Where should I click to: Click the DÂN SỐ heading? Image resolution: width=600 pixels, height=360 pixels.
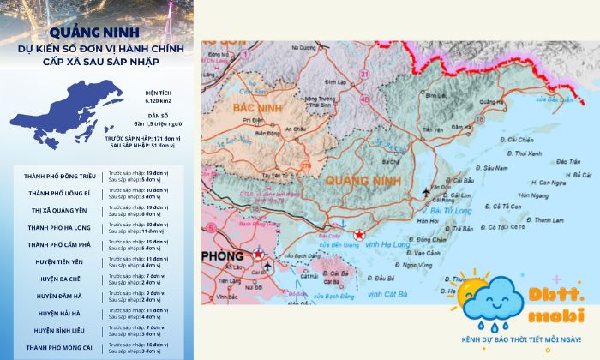[157, 115]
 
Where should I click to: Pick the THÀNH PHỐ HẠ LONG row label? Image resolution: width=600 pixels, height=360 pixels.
[60, 227]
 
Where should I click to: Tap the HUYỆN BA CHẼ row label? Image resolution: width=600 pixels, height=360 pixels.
[60, 279]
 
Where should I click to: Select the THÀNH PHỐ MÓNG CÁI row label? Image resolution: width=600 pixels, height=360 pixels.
[60, 347]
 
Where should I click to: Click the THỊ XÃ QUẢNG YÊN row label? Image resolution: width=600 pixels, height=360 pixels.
[60, 210]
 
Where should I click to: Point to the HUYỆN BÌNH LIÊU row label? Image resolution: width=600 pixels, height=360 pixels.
[60, 330]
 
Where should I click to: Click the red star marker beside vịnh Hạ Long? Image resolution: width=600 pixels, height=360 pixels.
[359, 235]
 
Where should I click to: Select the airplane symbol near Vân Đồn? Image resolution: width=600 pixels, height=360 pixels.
[427, 190]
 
